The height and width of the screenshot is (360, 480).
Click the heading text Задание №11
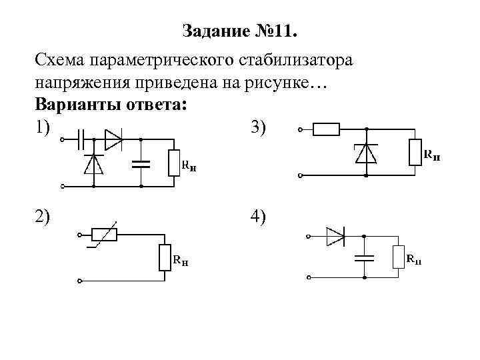239,31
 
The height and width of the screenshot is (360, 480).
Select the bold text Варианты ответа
111,105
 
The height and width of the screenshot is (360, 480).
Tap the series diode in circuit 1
114,140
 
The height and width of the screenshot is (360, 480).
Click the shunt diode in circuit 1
93,163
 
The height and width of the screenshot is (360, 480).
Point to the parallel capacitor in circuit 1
141,163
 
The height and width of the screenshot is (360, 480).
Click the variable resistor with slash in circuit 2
103,234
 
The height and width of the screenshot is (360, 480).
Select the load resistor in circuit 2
165,257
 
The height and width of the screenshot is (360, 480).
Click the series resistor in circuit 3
326,129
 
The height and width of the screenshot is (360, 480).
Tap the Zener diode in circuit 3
366,153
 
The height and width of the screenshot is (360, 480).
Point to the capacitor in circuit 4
364,257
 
